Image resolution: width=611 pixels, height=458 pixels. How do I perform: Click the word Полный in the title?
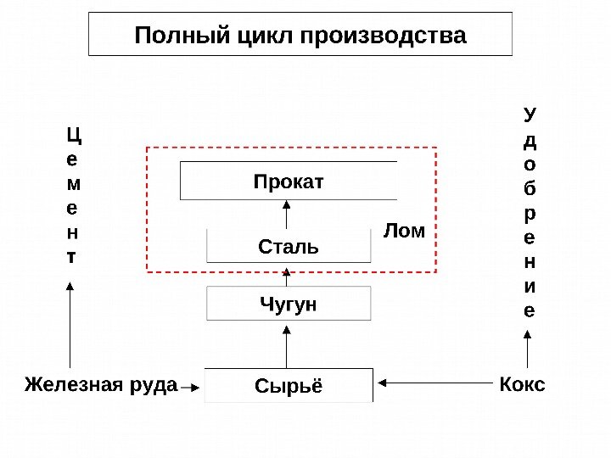[x=175, y=36]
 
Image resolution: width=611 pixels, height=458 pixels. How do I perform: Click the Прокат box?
[x=289, y=181]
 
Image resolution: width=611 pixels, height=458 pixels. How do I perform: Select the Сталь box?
[x=289, y=246]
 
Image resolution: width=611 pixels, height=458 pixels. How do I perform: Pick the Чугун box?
[x=289, y=303]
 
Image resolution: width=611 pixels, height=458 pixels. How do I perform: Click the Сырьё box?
[x=289, y=385]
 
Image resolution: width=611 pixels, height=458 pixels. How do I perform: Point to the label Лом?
[x=404, y=230]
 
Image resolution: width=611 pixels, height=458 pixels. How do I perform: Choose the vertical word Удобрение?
[x=530, y=212]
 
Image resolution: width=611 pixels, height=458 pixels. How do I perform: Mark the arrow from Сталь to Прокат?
[x=288, y=214]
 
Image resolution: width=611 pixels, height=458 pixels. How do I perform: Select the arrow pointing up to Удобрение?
[x=529, y=349]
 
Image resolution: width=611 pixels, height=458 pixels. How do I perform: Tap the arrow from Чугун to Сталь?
[x=288, y=275]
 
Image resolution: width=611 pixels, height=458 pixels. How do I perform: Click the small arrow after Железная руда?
[x=190, y=388]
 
